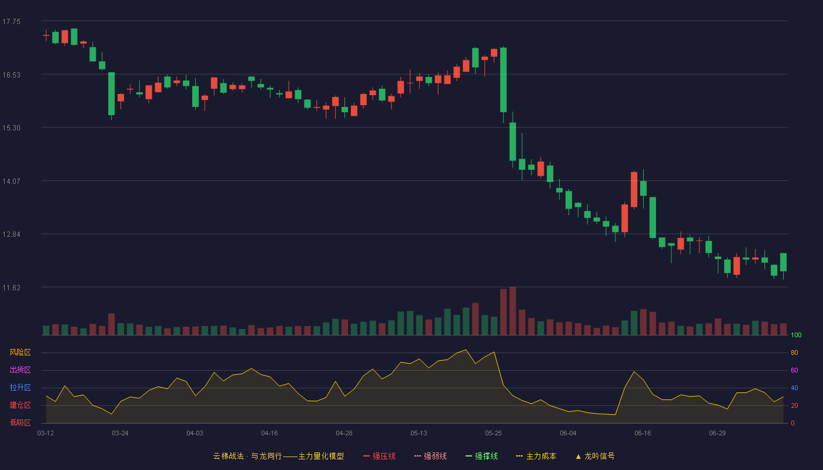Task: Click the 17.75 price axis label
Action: (x=11, y=22)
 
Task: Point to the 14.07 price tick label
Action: (x=11, y=181)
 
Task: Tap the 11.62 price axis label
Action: (x=11, y=287)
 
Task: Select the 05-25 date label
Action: (x=493, y=434)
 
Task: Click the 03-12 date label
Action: (x=46, y=434)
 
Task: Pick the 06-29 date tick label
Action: (x=717, y=434)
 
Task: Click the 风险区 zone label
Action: (x=20, y=352)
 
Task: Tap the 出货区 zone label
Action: (x=20, y=370)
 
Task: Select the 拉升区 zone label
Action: (x=20, y=387)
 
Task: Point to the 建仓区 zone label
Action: (x=20, y=405)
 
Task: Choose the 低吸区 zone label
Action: (x=20, y=422)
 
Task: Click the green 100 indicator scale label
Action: (x=796, y=335)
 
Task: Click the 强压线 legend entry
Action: (x=379, y=456)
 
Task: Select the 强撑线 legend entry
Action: (x=481, y=456)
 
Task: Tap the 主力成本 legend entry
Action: (x=536, y=456)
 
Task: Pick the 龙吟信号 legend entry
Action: (x=595, y=456)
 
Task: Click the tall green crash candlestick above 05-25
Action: (x=503, y=80)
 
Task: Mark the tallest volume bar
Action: (x=513, y=311)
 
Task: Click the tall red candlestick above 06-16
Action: (x=634, y=189)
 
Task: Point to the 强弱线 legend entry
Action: (x=430, y=456)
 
